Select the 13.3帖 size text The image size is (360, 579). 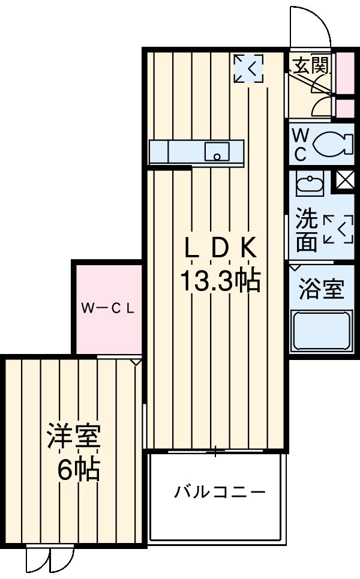pos(220,280)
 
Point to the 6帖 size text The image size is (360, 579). pos(78,470)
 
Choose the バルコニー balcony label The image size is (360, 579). pos(220,493)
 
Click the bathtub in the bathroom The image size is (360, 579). pos(322,331)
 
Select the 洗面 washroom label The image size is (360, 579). pos(307,230)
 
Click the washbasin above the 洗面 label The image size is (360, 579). pos(310,182)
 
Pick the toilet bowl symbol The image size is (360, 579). pos(331,143)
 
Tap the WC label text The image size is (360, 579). pos(299,144)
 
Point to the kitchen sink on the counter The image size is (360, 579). pos(215,152)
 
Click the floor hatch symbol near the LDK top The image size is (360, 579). pos(248,68)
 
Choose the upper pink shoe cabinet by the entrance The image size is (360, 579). pos(344,71)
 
